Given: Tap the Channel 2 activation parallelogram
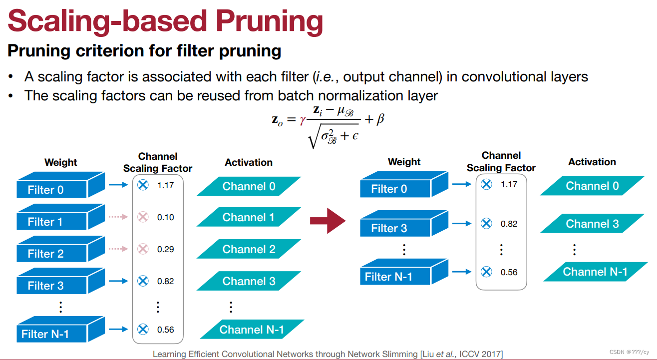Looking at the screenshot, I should pos(249,249).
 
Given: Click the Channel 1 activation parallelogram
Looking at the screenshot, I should pos(249,217).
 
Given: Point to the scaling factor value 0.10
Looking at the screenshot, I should pos(165,217).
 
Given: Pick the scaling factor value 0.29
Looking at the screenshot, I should pos(165,249).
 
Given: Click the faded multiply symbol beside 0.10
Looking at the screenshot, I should pos(143,217).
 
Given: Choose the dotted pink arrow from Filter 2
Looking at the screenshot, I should pos(118,249).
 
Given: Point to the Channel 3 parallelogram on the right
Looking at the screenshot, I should pos(592,224).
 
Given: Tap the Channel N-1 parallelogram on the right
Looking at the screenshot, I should pos(595,272).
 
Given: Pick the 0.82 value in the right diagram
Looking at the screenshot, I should pos(509,224).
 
